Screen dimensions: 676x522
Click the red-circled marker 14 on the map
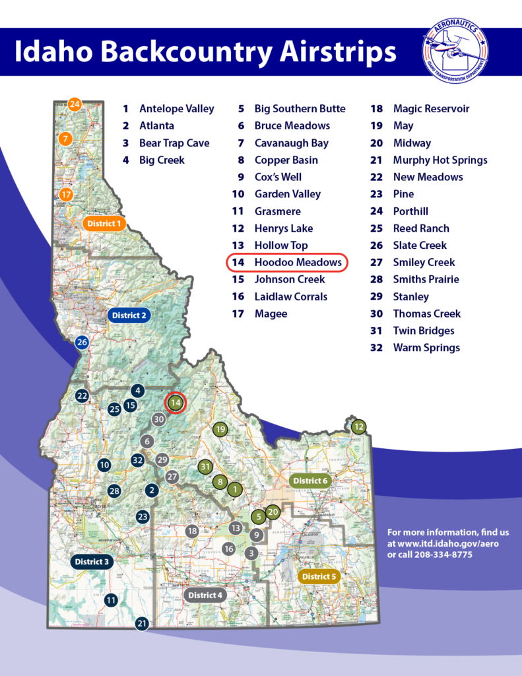pyautogui.click(x=176, y=402)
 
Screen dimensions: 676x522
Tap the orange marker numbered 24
pyautogui.click(x=75, y=104)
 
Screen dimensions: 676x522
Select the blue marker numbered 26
pyautogui.click(x=82, y=342)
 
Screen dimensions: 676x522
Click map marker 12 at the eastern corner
pyautogui.click(x=358, y=426)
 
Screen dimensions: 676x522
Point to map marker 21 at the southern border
pyautogui.click(x=142, y=623)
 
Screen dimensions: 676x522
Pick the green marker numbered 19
pyautogui.click(x=220, y=429)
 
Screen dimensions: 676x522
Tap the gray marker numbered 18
pyautogui.click(x=192, y=530)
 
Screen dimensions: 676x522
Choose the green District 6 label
pyautogui.click(x=309, y=481)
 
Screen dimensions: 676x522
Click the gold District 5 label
pyautogui.click(x=318, y=576)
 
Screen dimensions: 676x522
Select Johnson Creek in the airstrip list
pyautogui.click(x=290, y=279)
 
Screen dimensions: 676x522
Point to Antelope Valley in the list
pyautogui.click(x=176, y=108)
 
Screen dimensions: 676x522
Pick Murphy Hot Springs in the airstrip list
pyautogui.click(x=440, y=160)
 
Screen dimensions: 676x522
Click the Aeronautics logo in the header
pyautogui.click(x=456, y=50)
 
